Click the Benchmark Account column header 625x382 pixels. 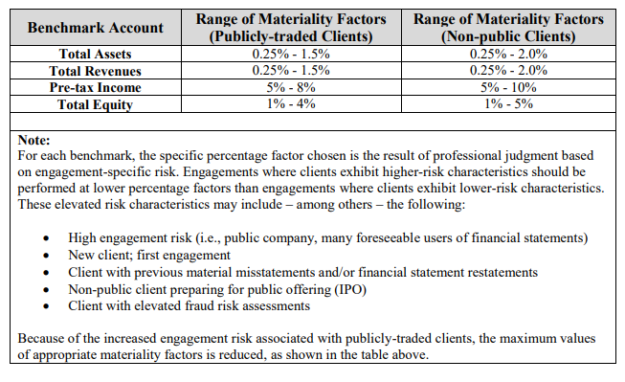(95, 28)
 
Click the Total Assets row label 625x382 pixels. (95, 55)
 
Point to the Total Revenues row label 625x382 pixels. (95, 71)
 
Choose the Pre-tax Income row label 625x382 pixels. (95, 87)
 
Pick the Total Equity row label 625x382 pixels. (95, 104)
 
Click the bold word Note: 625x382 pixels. (35, 139)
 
